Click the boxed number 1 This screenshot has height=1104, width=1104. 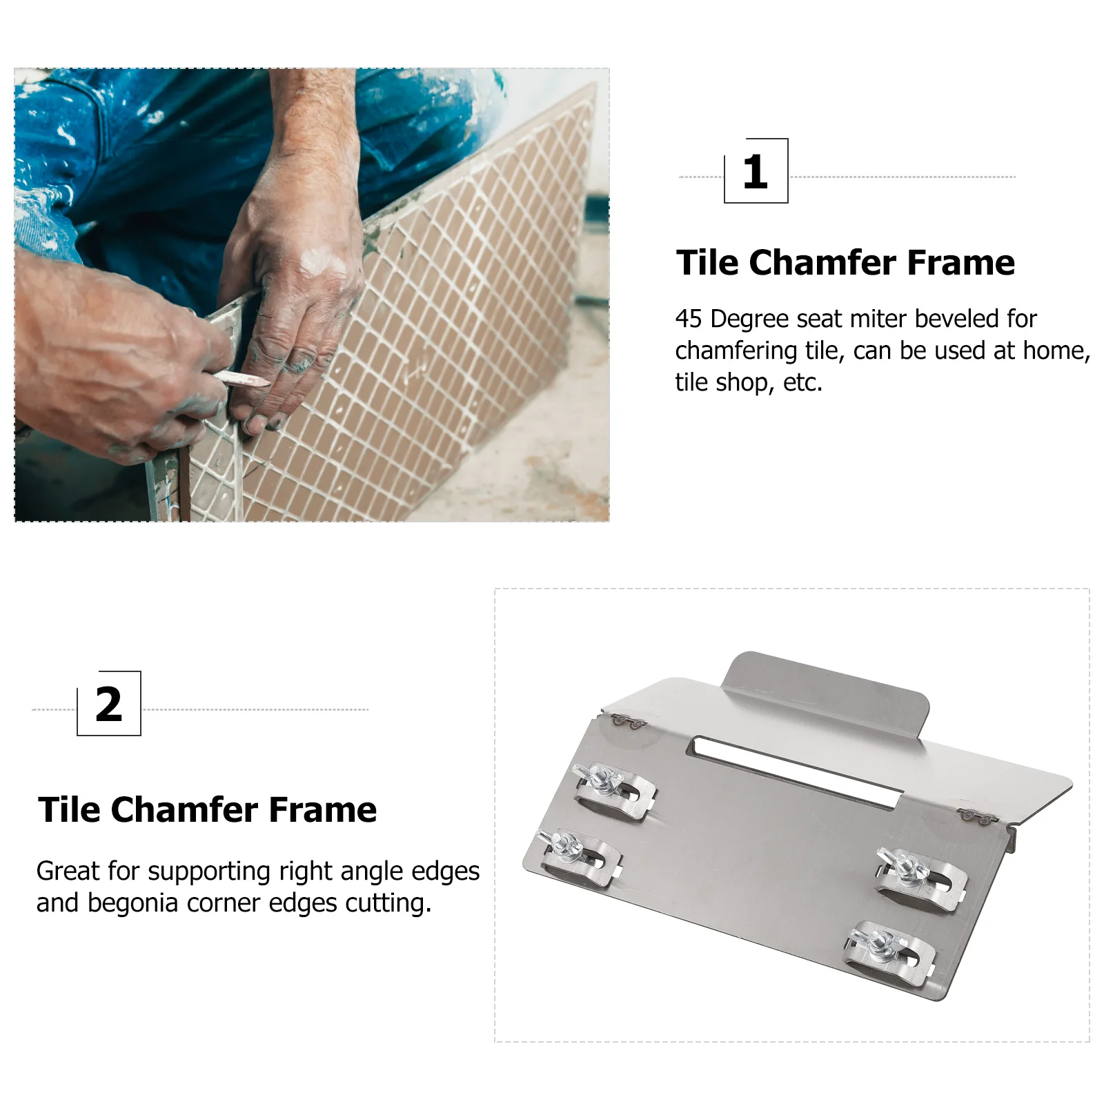coord(756,172)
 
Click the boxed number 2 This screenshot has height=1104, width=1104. coord(109,704)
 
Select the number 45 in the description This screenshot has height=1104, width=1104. coord(689,319)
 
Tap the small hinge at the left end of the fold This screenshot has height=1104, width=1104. coord(629,722)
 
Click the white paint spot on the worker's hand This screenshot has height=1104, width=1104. coord(322,262)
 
